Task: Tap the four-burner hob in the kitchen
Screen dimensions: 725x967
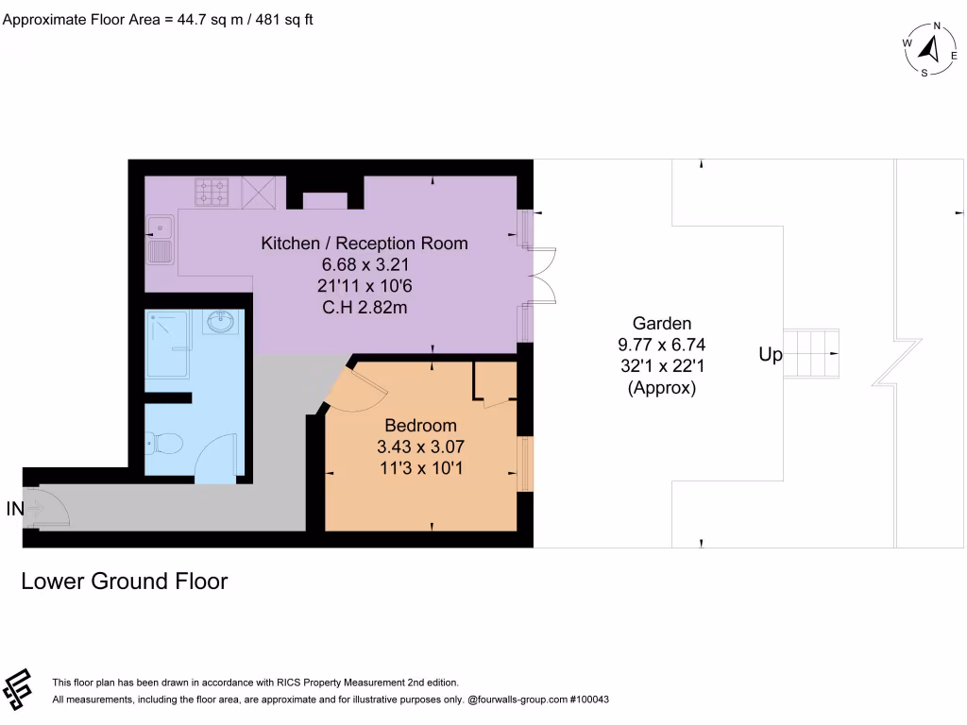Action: tap(212, 192)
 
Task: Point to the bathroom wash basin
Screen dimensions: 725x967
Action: tap(223, 323)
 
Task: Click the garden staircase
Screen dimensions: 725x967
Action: tap(812, 353)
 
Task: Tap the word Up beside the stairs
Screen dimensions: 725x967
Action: tap(771, 356)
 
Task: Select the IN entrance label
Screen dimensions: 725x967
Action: tap(14, 509)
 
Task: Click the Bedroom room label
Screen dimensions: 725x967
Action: tap(420, 426)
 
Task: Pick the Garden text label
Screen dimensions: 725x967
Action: tap(661, 322)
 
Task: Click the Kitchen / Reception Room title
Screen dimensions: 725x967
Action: tap(364, 244)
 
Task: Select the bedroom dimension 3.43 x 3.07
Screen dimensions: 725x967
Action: tap(420, 447)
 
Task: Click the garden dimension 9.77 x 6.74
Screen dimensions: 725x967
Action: tap(661, 344)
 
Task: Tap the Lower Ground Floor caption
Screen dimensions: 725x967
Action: tap(124, 582)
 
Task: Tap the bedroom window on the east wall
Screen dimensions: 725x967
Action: tap(526, 464)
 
